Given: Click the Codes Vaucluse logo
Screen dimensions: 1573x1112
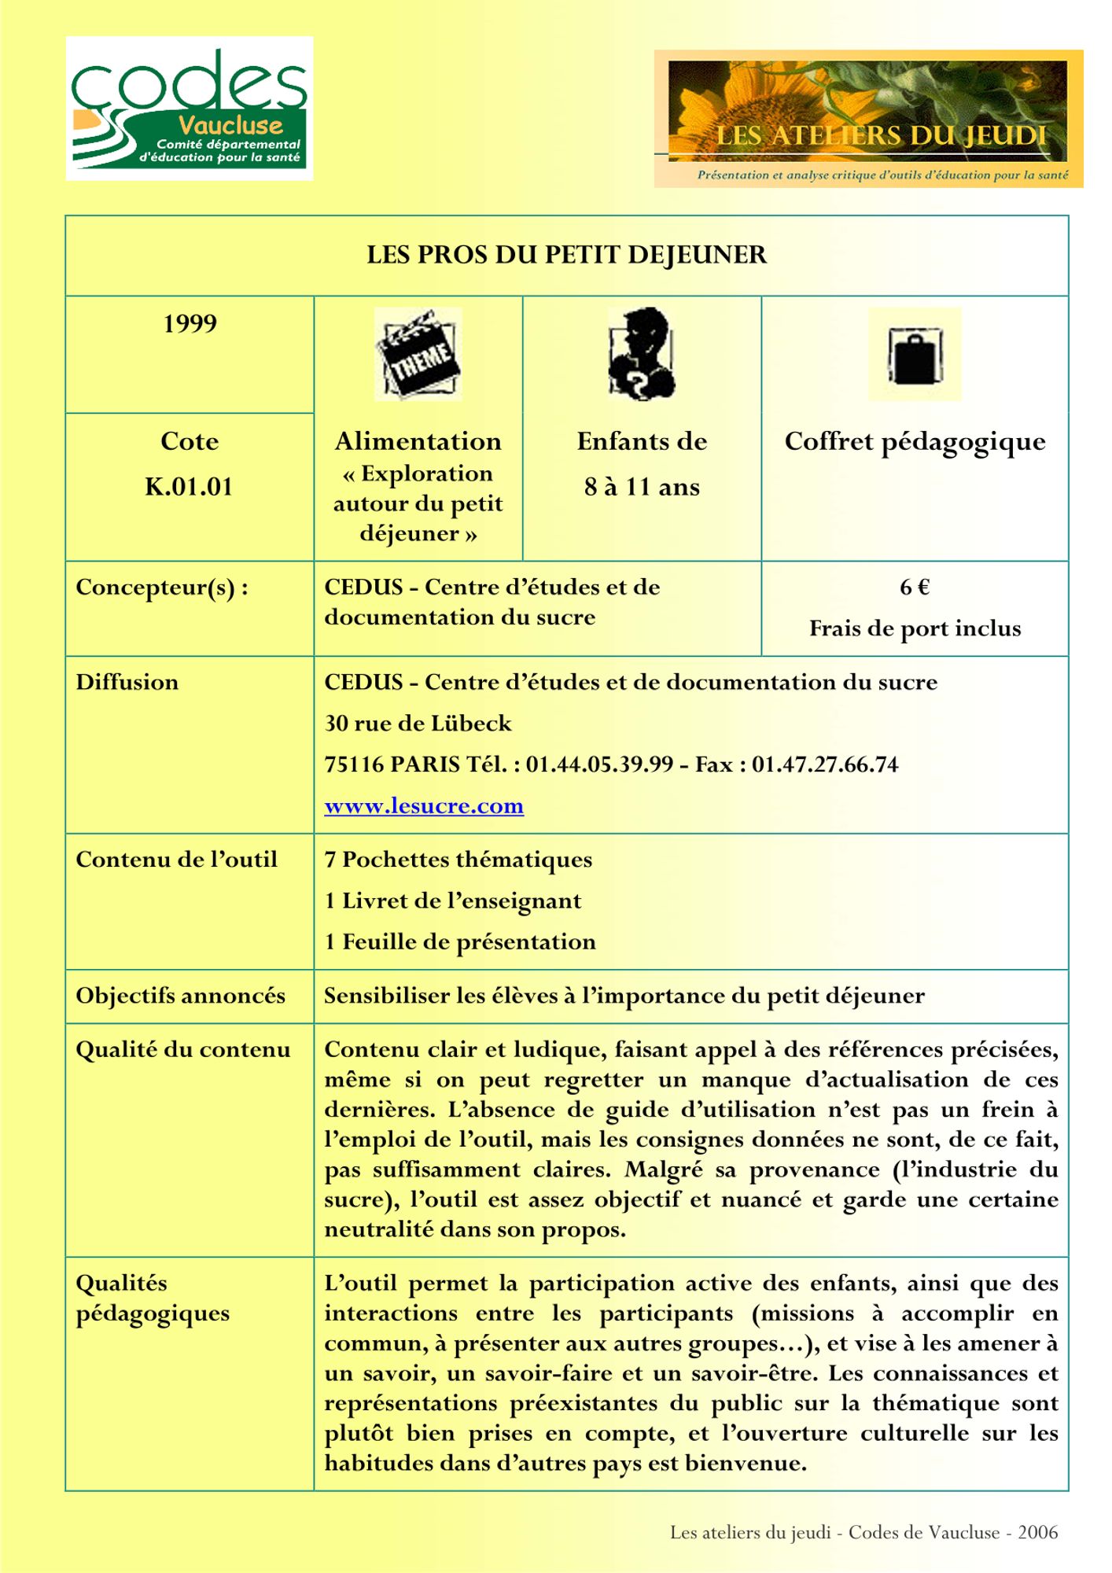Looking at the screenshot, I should click(x=189, y=109).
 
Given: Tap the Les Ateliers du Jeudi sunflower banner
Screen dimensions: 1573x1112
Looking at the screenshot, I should click(x=867, y=118).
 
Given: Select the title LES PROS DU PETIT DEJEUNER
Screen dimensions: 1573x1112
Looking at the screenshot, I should click(x=566, y=255).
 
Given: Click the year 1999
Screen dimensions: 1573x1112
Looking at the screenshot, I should click(x=190, y=324).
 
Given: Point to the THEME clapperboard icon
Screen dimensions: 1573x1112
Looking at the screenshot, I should click(x=418, y=354).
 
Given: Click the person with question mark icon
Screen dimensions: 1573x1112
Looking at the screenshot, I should click(x=642, y=354).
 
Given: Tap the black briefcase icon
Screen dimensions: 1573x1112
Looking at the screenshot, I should click(x=915, y=355).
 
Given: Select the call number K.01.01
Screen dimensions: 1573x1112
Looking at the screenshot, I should click(x=189, y=487).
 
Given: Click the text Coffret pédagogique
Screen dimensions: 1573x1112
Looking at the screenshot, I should click(x=915, y=442).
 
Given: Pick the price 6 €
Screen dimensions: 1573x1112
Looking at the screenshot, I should click(x=915, y=588).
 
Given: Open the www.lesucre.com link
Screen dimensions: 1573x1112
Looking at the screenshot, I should click(x=424, y=806).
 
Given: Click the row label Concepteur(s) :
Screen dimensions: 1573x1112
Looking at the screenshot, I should click(x=162, y=588).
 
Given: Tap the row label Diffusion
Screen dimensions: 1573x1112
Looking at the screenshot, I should click(x=127, y=682).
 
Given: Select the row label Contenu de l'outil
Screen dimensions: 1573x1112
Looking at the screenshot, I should click(x=176, y=860).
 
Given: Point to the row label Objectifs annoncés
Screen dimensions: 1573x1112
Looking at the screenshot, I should click(x=180, y=996).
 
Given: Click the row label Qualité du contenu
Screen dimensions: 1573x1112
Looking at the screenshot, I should click(x=182, y=1050).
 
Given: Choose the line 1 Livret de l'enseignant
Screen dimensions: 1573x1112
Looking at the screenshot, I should click(x=453, y=901).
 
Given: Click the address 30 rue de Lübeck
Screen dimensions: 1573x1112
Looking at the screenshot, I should click(x=418, y=724).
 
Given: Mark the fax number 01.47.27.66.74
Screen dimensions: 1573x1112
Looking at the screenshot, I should click(x=825, y=764).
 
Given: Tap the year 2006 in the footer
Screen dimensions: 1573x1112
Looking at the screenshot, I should click(x=1037, y=1532).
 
